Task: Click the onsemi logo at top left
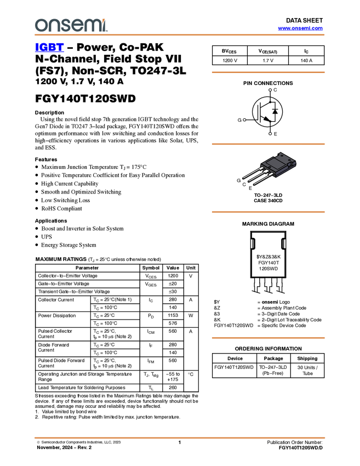point(71,25)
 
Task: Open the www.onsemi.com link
point(300,28)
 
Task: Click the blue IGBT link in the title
point(49,47)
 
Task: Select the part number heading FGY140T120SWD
point(85,98)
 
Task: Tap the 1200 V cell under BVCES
point(230,61)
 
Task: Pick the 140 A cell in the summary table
point(306,61)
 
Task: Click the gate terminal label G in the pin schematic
point(239,120)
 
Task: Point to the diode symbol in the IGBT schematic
point(275,111)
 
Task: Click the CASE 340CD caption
point(268,201)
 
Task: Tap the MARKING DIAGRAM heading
point(268,224)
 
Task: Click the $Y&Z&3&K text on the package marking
point(268,257)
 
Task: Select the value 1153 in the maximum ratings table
point(173,315)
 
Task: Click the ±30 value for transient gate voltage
point(173,292)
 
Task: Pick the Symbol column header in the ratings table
point(151,268)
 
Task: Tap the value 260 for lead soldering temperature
point(173,388)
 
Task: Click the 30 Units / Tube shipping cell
point(307,370)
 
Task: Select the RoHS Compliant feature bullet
point(61,208)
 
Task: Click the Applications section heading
point(51,221)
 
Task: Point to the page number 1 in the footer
point(180,442)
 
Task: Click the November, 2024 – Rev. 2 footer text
point(64,447)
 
